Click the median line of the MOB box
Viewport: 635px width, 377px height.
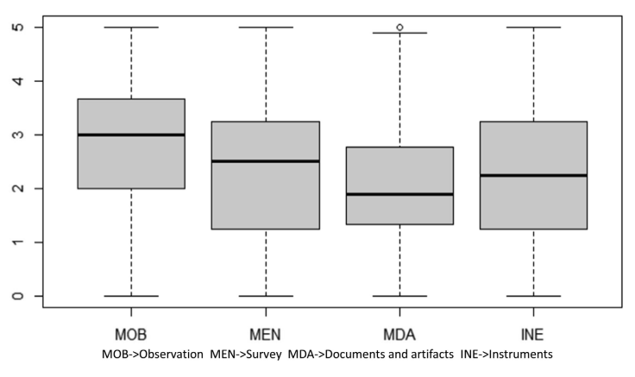click(x=131, y=135)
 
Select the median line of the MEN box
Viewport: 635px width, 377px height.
click(x=266, y=161)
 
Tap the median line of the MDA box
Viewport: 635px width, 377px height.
click(x=399, y=194)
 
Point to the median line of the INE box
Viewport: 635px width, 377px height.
click(x=533, y=175)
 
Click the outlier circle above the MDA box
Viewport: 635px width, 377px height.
click(x=399, y=27)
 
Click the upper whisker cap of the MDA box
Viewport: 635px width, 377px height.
click(x=399, y=33)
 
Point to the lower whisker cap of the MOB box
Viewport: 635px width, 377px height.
click(x=131, y=296)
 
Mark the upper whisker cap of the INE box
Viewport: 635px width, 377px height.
click(x=533, y=27)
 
